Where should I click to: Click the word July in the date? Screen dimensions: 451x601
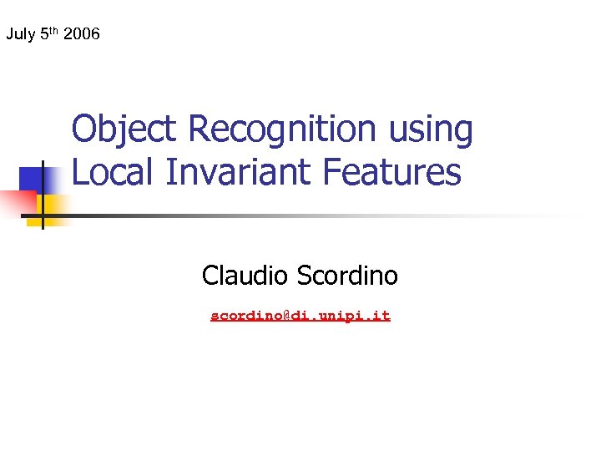[x=20, y=35]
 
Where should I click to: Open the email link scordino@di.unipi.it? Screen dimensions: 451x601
[x=300, y=316]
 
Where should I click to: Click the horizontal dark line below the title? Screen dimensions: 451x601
[x=250, y=215]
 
